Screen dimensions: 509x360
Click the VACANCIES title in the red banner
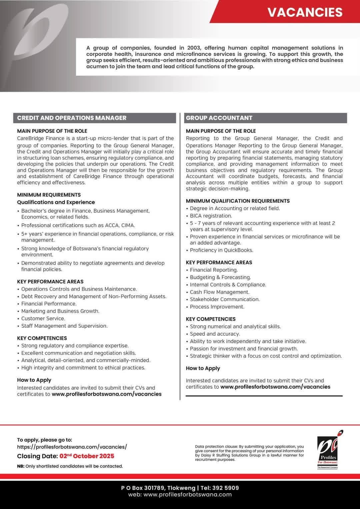coord(305,12)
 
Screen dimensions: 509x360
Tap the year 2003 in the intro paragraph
coord(194,48)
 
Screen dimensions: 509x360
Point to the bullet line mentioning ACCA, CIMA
coord(78,226)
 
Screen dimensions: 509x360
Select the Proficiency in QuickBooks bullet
coord(221,250)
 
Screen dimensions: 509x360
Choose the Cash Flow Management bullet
coord(219,292)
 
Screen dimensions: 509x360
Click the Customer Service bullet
coord(43,318)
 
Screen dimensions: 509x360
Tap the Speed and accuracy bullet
coord(215,334)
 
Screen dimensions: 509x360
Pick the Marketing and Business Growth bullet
coord(60,311)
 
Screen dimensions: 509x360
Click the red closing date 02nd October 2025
coord(87,456)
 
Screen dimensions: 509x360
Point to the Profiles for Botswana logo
coord(327,450)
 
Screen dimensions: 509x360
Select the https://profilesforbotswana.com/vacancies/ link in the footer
coord(72,447)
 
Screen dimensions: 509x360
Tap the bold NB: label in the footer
coord(21,466)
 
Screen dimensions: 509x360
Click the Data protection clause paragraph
coord(249,453)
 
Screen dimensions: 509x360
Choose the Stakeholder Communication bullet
coord(225,299)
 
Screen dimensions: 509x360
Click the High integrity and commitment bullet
coord(83,368)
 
